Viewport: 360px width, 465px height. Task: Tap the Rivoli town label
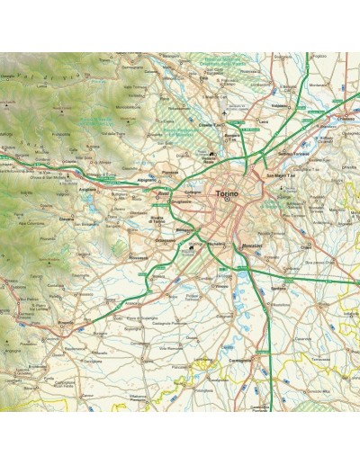(x=164, y=192)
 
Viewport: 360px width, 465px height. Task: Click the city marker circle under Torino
(x=227, y=202)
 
